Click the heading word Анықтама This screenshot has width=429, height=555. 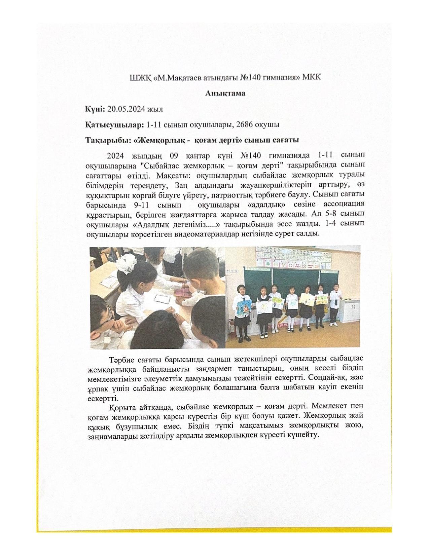[x=225, y=93]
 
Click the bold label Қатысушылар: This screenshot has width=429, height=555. [x=115, y=124]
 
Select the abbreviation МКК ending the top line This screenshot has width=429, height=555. [x=312, y=78]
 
